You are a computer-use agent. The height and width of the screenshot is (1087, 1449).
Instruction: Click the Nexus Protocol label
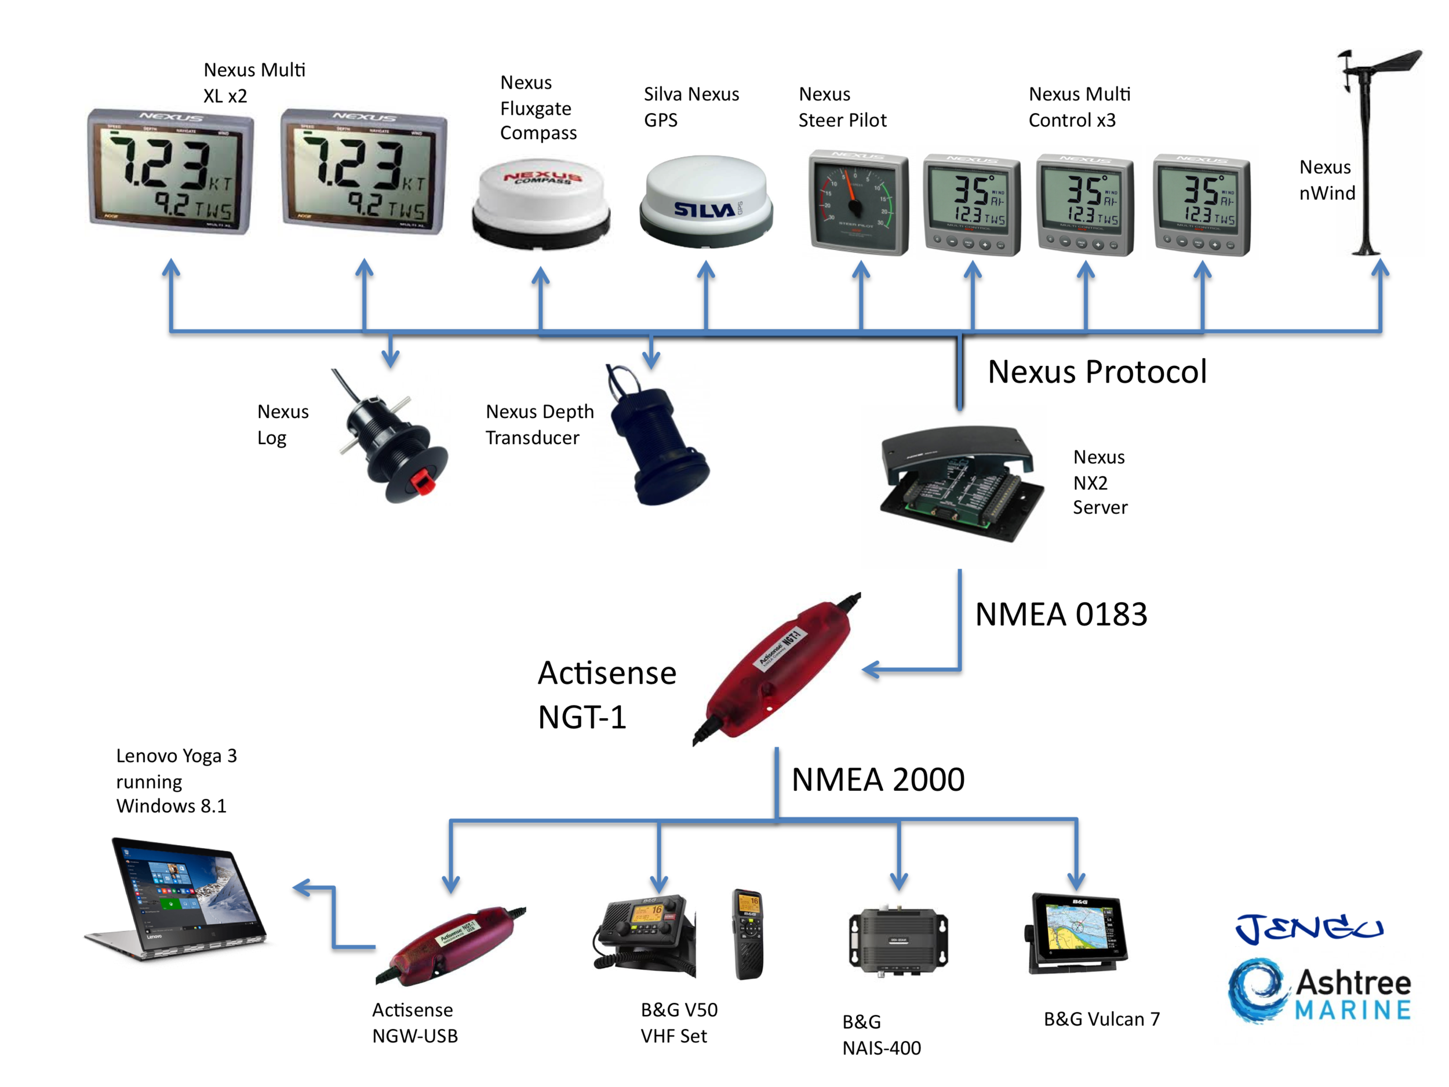1097,372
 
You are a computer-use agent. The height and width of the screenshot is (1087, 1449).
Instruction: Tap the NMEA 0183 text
1061,615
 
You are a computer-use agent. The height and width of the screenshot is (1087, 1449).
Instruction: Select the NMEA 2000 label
878,780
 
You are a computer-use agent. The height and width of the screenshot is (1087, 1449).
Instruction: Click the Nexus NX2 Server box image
960,483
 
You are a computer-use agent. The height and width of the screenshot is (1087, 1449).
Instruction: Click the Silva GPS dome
705,200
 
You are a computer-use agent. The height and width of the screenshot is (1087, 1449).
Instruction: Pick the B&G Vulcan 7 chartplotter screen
1077,930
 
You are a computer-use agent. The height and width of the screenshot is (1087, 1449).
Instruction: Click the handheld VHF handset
748,934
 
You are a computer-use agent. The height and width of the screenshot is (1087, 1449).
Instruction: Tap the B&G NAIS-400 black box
898,940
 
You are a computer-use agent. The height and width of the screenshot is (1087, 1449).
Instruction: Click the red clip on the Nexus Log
423,483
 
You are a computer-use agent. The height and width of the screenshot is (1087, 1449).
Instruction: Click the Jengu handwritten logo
1308,928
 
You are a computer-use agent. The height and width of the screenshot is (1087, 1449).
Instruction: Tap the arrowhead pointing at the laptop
302,888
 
